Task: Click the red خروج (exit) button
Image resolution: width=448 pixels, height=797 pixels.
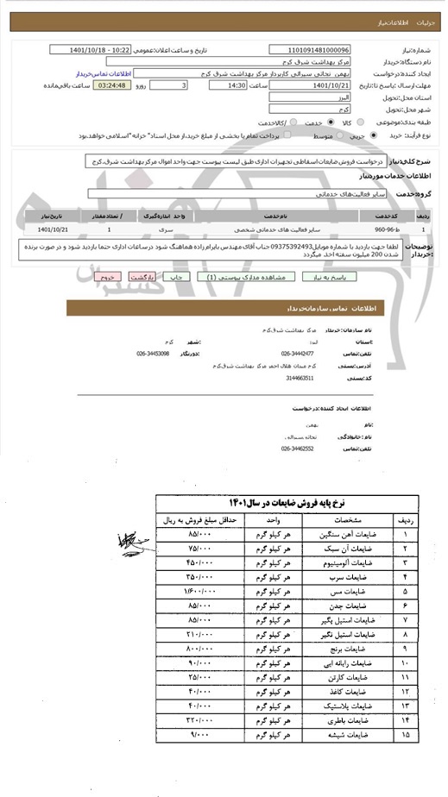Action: click(x=108, y=278)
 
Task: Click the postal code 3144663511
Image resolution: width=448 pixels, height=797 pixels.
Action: click(x=296, y=377)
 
